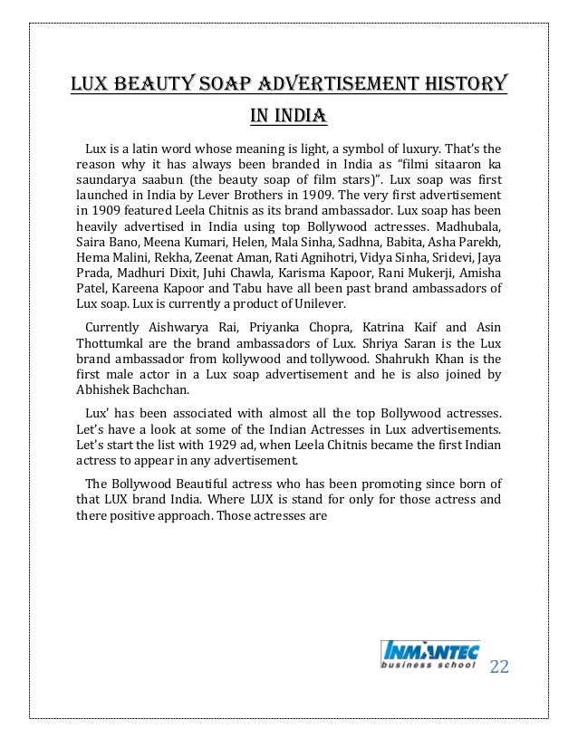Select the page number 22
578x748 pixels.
click(x=499, y=668)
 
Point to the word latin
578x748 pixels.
click(x=156, y=148)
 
